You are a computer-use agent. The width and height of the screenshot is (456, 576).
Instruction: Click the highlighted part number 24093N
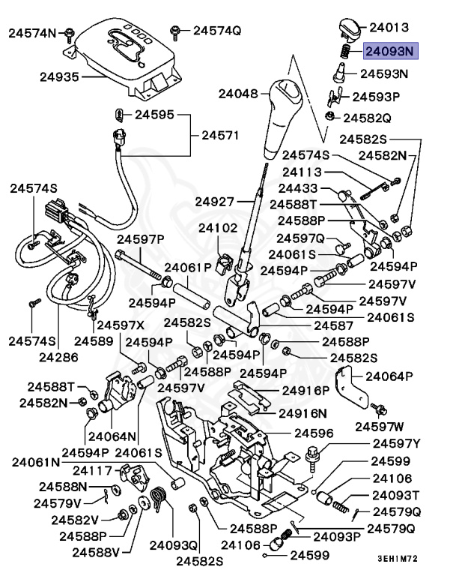389,52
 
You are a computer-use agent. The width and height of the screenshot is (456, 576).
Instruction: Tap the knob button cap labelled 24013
347,28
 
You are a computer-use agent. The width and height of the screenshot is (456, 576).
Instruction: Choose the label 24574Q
217,31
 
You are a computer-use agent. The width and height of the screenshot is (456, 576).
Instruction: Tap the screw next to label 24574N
69,32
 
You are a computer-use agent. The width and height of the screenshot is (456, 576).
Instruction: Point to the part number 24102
218,227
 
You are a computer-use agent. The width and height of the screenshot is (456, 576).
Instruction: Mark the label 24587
333,325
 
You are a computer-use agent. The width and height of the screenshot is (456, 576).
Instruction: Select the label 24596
314,433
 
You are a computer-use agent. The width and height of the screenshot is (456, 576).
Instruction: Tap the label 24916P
305,390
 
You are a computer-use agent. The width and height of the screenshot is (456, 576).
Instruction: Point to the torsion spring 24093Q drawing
158,501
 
